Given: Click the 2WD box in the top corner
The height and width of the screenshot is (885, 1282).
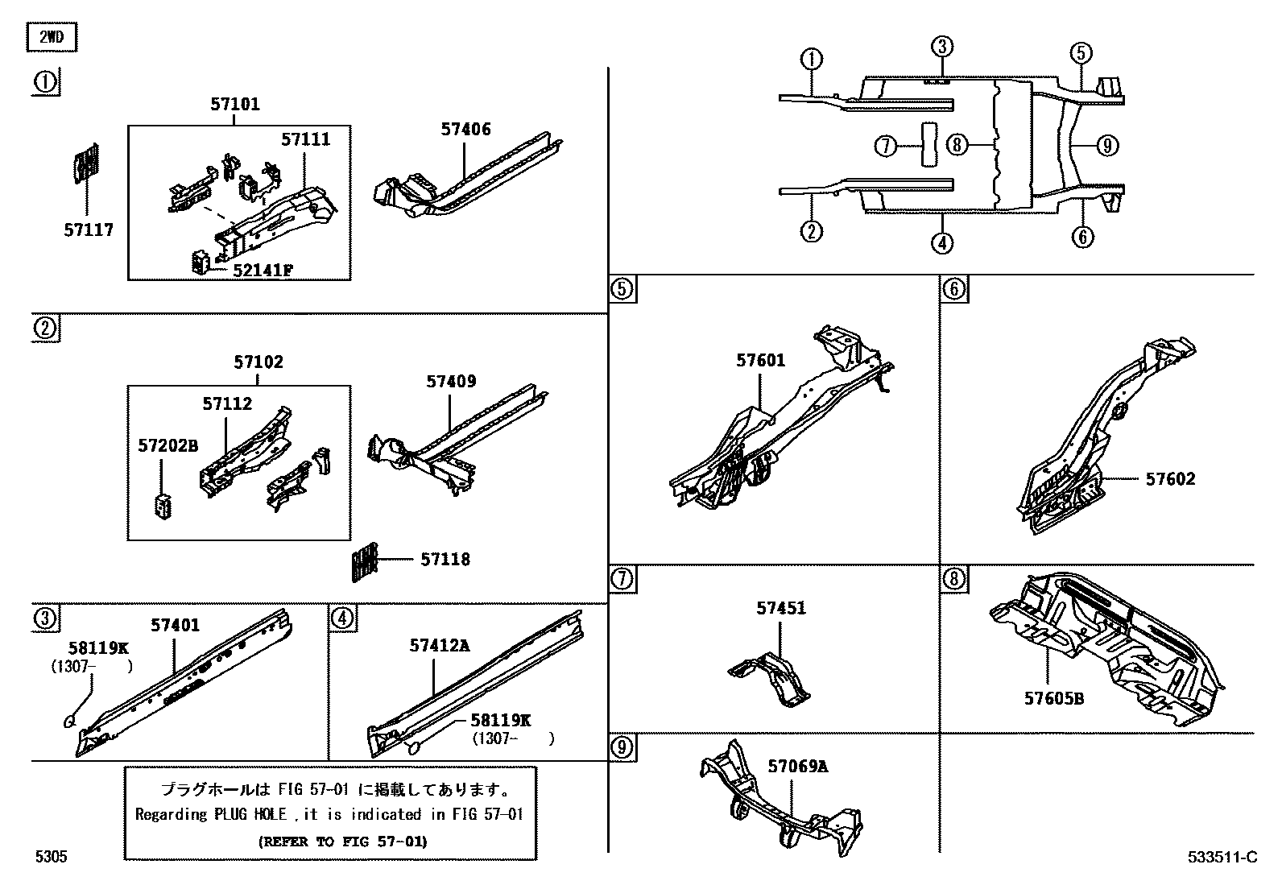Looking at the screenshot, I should (x=52, y=38).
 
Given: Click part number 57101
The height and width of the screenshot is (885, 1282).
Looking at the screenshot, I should (x=235, y=104).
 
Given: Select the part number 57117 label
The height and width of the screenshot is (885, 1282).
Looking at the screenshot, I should (x=89, y=230).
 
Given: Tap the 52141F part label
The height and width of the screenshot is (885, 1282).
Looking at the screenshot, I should (x=263, y=269).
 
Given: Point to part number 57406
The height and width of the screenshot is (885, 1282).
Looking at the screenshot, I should (x=465, y=129).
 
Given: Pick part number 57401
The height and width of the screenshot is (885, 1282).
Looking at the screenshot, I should (x=175, y=625).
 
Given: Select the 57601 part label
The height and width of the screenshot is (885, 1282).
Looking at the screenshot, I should (x=760, y=361).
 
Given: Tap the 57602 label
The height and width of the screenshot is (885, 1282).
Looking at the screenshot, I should (x=1170, y=479).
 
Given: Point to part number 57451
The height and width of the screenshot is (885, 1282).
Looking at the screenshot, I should (x=780, y=609).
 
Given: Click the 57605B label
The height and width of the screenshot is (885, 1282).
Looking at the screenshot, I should (x=1054, y=698).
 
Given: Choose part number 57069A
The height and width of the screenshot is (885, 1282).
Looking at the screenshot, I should (x=797, y=766).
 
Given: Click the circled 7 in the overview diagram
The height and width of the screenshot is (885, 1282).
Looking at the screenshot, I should (x=885, y=146).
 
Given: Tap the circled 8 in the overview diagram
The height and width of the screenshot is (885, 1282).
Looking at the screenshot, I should (x=956, y=145).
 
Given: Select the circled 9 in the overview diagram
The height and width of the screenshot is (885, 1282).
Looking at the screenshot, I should (x=1106, y=146).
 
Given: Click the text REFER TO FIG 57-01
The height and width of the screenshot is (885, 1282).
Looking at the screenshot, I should (x=342, y=842).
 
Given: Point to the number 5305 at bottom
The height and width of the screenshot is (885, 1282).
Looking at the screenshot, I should (x=50, y=858).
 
